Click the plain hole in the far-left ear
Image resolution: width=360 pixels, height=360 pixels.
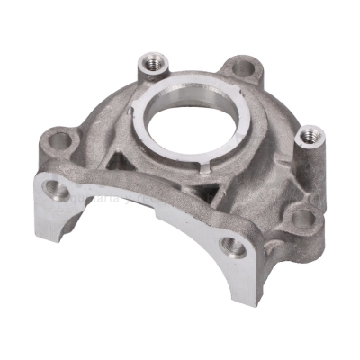[61, 140]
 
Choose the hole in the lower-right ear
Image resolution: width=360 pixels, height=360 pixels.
[304, 218]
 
